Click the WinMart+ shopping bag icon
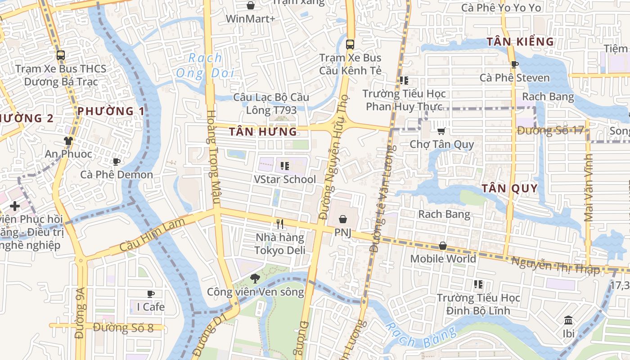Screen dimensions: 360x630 click(x=251, y=5)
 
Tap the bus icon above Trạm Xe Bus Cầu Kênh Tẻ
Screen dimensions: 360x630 click(x=350, y=45)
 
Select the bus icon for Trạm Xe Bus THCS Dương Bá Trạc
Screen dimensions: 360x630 click(x=61, y=55)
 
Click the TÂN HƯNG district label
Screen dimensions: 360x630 click(x=263, y=132)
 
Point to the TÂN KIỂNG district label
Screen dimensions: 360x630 click(x=520, y=42)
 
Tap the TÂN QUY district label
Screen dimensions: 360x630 click(x=510, y=189)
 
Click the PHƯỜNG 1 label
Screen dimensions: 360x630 click(x=111, y=111)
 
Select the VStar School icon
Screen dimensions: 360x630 click(x=284, y=166)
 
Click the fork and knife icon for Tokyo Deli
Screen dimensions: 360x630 click(x=280, y=224)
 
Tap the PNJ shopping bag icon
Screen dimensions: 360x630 click(x=343, y=219)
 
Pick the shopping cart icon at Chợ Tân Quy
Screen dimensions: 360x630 click(x=441, y=131)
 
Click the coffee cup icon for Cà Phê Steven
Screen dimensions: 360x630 click(x=515, y=64)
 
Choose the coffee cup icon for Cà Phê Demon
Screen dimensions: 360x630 click(x=117, y=162)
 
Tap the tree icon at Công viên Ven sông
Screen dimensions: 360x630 click(x=255, y=278)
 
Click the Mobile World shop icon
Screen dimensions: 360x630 click(x=443, y=246)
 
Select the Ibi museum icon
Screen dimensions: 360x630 click(x=568, y=320)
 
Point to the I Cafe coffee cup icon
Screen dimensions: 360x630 click(x=151, y=294)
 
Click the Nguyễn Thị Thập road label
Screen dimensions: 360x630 click(x=556, y=265)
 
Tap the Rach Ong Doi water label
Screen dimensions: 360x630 click(x=205, y=65)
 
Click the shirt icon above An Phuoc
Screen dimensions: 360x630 click(x=68, y=141)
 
